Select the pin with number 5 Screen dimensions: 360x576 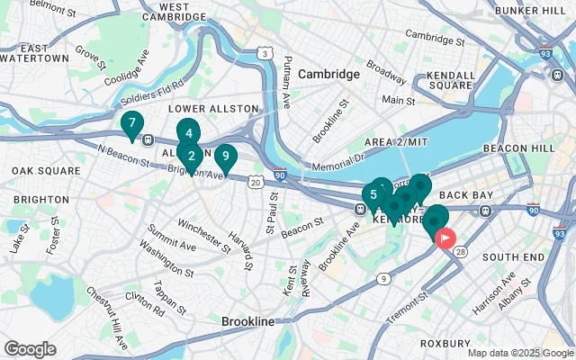pyautogui.click(x=373, y=194)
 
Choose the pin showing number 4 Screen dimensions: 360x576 pyautogui.click(x=187, y=133)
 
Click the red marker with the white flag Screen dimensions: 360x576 pyautogui.click(x=445, y=238)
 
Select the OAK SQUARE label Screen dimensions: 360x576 pyautogui.click(x=41, y=170)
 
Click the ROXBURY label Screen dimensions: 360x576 pyautogui.click(x=445, y=343)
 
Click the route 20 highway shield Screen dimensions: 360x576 pyautogui.click(x=256, y=183)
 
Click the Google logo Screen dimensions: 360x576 pyautogui.click(x=30, y=349)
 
